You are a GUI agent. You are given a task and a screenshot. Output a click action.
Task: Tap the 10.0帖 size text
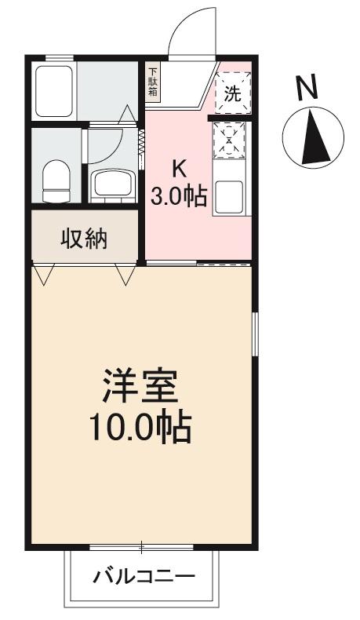point(141,427)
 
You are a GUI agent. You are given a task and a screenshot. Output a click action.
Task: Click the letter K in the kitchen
point(180,168)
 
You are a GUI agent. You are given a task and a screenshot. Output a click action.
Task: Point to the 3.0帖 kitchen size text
point(180,195)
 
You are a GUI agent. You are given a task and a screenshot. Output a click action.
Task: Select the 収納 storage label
point(85,238)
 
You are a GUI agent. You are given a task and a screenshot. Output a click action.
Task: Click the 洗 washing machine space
point(232,94)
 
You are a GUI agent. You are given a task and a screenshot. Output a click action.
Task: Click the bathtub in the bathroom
point(54,89)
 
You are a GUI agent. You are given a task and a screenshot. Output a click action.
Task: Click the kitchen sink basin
point(231,196)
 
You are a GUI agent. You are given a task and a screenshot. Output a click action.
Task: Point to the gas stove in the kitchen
point(231,140)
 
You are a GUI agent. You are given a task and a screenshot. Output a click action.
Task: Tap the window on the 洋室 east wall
point(254,337)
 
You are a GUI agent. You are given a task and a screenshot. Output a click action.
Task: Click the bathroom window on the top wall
point(59,58)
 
